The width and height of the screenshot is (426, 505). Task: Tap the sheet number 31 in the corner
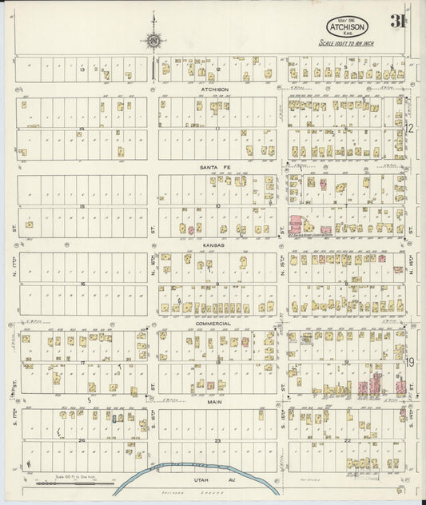coord(396,22)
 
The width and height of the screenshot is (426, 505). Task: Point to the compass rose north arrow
coord(152,40)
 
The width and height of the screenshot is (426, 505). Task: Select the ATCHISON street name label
coord(214,89)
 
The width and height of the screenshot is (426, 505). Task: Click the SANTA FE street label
coord(214,167)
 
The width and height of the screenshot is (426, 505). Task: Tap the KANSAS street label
coord(214,246)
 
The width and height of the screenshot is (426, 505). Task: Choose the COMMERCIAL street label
coord(214,324)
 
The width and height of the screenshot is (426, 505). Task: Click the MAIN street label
coord(214,402)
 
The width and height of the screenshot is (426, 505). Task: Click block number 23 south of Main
coord(217,440)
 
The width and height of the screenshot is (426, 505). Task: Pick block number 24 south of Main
coord(82,440)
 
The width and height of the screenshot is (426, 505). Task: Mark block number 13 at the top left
coord(82,70)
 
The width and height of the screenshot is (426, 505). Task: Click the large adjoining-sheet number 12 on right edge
coord(408,128)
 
